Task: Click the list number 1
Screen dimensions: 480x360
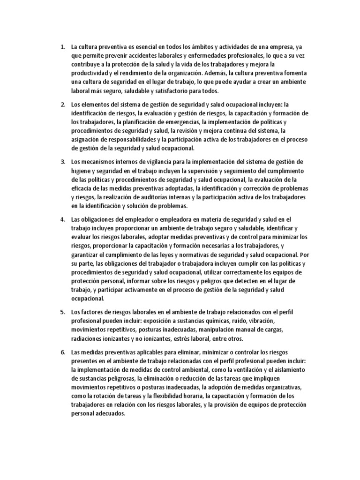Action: (62, 47)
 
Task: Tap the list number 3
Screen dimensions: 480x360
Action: (62, 162)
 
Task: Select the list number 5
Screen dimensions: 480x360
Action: (62, 312)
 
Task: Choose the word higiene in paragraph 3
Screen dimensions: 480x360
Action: (81, 171)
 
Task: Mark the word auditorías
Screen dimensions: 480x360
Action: (163, 197)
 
